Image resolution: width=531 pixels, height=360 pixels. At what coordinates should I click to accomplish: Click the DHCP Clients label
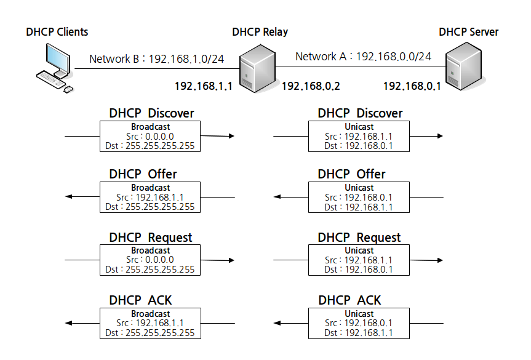tap(57, 32)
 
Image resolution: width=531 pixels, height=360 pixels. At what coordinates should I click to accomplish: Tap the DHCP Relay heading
tap(260, 32)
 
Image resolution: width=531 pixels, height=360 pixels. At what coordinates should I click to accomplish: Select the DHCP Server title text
tap(468, 32)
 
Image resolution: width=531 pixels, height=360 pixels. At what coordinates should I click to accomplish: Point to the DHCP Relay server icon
tap(257, 68)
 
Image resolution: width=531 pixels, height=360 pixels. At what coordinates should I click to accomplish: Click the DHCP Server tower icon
tap(463, 66)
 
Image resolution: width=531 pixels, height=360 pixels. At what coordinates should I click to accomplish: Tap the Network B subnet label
tap(156, 59)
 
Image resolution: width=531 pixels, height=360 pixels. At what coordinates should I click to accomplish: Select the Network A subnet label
tap(364, 56)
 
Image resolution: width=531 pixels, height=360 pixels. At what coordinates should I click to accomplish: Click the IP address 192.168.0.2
tap(311, 86)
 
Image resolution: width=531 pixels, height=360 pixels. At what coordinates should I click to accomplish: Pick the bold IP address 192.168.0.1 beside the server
tap(412, 86)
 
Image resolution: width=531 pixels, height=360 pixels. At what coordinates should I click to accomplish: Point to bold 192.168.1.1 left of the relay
tap(203, 86)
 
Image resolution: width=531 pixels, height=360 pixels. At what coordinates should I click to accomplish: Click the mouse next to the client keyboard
tap(68, 89)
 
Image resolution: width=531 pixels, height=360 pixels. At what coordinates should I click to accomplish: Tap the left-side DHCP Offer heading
tap(143, 174)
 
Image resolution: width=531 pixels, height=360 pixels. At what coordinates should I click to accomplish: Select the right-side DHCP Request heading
tap(359, 238)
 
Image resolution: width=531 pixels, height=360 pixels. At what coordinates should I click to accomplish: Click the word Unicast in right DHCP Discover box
tap(359, 127)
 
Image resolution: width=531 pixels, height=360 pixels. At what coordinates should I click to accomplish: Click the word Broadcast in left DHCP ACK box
tap(150, 314)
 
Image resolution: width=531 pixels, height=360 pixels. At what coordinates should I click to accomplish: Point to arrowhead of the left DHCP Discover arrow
tap(231, 136)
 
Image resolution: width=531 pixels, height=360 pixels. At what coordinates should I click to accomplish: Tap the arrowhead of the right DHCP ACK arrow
tap(277, 323)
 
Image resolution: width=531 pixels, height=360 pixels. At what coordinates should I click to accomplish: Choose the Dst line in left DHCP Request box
tap(150, 270)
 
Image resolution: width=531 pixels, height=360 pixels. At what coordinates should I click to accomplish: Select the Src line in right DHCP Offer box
tap(358, 198)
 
